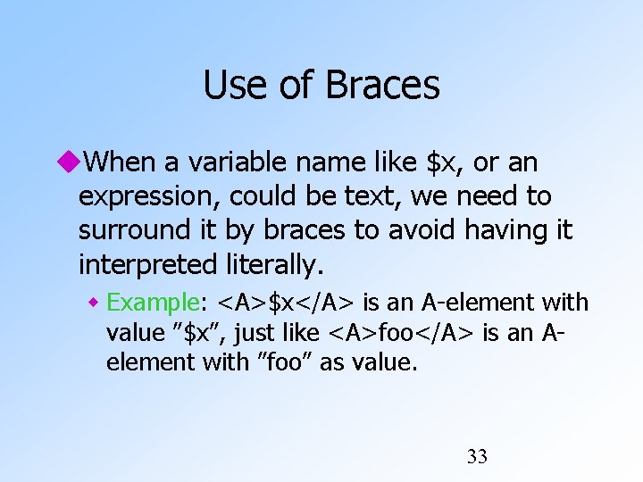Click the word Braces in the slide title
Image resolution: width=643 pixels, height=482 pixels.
pyautogui.click(x=382, y=86)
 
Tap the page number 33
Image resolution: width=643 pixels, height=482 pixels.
pyautogui.click(x=477, y=457)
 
